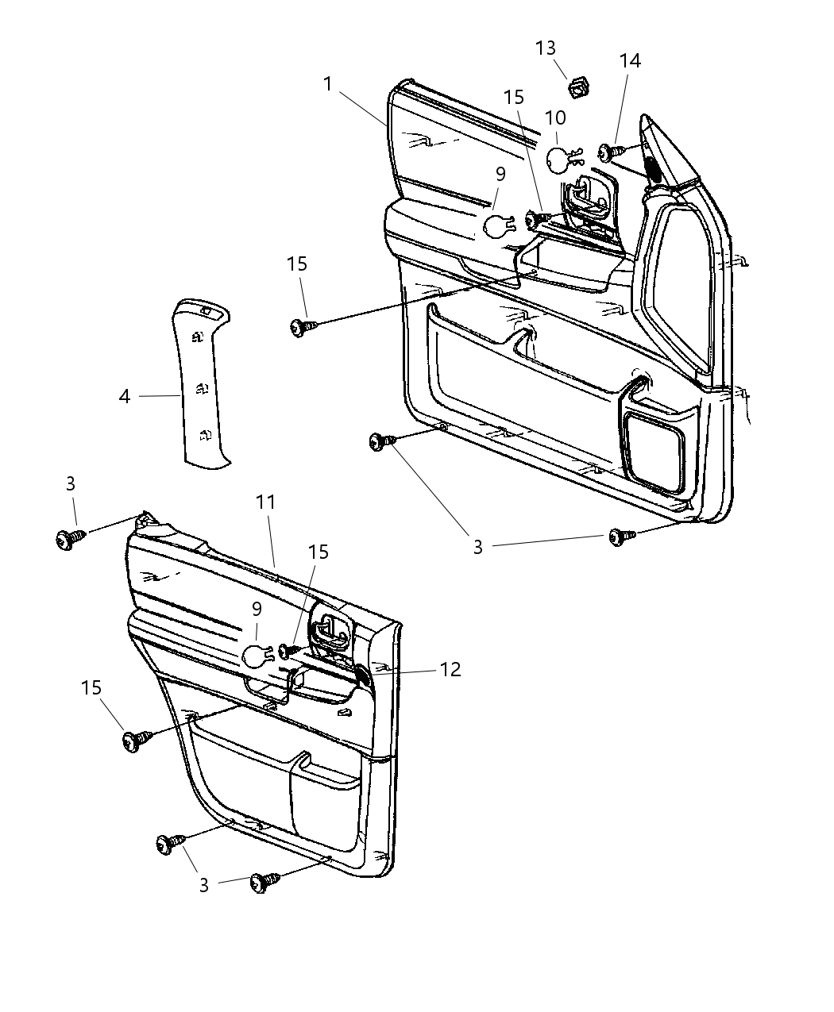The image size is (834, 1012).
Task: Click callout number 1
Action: coord(328,83)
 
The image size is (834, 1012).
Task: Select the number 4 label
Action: coord(125,395)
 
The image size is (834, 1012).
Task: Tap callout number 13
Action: coord(546,48)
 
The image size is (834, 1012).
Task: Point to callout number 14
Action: coord(630,60)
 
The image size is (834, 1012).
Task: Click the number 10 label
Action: coord(555,118)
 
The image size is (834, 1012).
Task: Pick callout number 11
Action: coord(265,502)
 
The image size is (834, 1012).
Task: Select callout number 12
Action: coord(450,669)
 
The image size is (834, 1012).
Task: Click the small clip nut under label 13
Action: coord(578,83)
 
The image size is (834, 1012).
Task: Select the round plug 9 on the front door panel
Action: coord(498,226)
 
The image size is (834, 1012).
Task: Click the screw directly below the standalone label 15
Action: coord(299,326)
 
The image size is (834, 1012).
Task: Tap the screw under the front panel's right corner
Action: coord(618,537)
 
